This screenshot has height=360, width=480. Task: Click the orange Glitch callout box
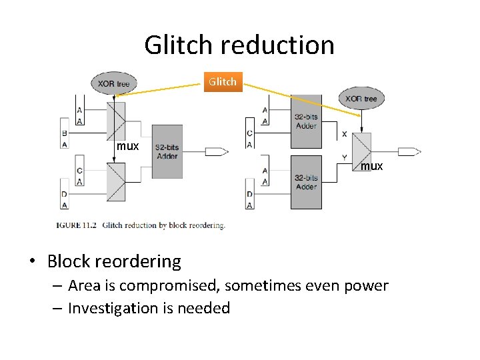coord(222,81)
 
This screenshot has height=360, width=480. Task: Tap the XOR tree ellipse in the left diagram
coord(114,83)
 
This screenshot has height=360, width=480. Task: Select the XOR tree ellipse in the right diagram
coord(361,98)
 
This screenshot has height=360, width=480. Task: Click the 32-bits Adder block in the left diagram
coord(167,151)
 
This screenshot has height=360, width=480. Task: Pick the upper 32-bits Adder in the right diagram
coord(306,121)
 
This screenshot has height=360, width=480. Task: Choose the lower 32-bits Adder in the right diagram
coord(306,182)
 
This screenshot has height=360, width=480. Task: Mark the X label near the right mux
coord(344,134)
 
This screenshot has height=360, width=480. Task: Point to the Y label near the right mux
coord(344,158)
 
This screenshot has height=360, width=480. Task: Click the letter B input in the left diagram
coord(65,133)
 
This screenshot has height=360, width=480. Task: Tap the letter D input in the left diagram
coord(65,194)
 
